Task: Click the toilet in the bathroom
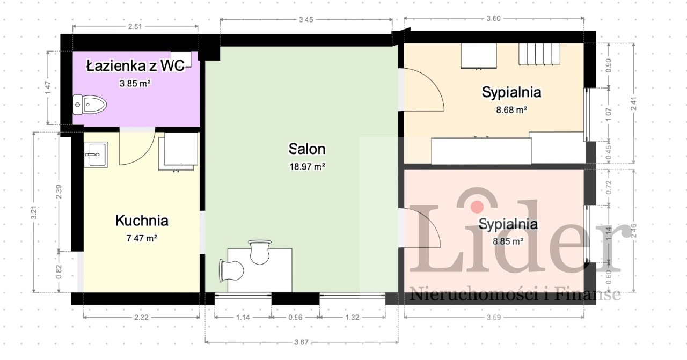[x=90, y=105]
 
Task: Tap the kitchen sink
[x=96, y=155]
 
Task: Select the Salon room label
[x=307, y=149]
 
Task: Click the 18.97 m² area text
[x=308, y=166]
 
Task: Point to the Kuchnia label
[x=142, y=221]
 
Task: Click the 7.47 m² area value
[x=142, y=238]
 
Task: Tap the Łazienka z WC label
[x=136, y=66]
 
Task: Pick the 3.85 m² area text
[x=135, y=83]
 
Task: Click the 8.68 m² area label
[x=511, y=109]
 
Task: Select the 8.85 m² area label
[x=508, y=241]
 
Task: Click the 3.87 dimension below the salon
[x=301, y=342]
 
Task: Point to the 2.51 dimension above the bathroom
[x=135, y=26]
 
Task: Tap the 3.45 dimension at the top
[x=306, y=20]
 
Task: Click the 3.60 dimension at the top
[x=493, y=18]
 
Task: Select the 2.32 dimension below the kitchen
[x=141, y=317]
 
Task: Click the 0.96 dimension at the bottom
[x=295, y=317]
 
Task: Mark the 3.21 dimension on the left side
[x=34, y=212]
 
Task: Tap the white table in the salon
[x=260, y=270]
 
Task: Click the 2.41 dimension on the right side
[x=634, y=104]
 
